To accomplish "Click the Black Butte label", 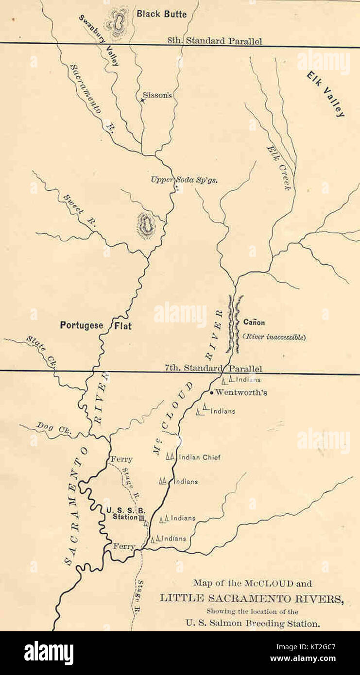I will [x=161, y=14].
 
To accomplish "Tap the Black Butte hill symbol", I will [x=117, y=22].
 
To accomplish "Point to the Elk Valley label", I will [x=326, y=94].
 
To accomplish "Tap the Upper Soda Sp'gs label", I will [x=184, y=179].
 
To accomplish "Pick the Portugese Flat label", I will [x=96, y=325].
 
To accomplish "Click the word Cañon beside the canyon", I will [x=254, y=322].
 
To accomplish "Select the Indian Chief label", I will [x=200, y=457].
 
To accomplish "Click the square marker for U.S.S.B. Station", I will [x=142, y=519].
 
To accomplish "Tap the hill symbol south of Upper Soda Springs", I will [x=145, y=225].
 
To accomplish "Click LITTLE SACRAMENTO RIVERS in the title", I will [x=251, y=598].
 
